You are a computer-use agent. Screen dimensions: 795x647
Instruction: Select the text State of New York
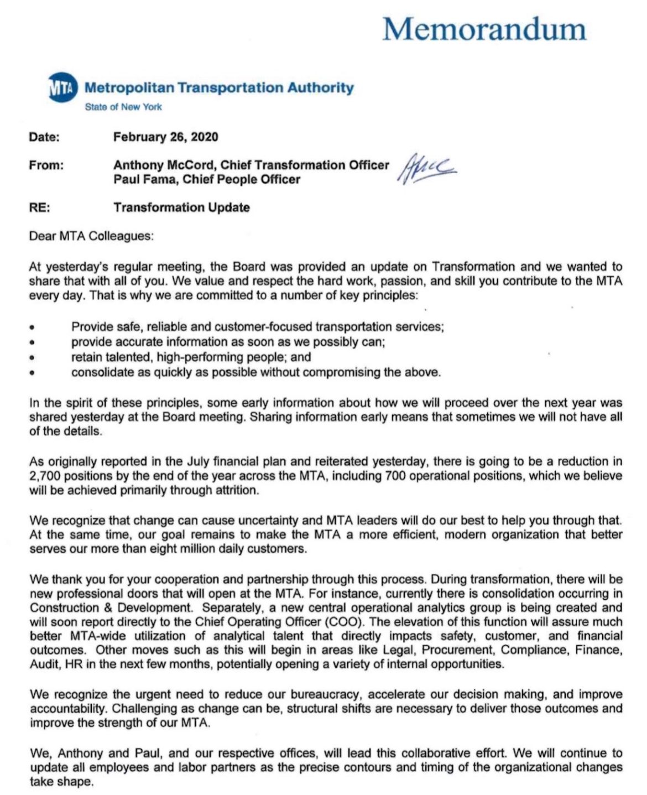123,107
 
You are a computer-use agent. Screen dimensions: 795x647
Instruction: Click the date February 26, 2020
165,137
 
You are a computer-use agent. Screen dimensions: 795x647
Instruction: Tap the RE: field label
40,207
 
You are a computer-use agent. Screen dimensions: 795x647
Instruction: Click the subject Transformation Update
181,207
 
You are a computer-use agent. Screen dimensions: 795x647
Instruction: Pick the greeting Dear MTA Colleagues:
91,236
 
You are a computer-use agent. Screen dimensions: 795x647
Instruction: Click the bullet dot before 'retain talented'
33,358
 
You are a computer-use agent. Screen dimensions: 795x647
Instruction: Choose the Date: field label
44,137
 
